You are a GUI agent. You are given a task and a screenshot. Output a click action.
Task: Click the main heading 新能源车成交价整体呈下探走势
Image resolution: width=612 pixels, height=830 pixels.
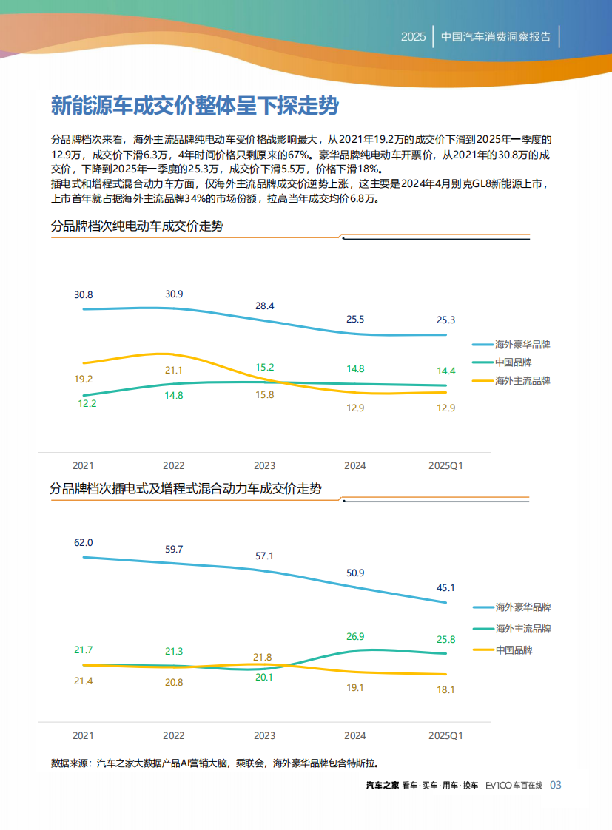point(194,106)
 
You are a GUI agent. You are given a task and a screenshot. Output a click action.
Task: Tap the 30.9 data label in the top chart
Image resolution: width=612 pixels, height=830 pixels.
point(174,294)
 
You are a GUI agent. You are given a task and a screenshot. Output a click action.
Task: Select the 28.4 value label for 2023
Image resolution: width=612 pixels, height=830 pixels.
point(264,306)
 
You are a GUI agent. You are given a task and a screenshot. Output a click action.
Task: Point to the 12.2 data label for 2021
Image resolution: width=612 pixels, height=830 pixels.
point(84,404)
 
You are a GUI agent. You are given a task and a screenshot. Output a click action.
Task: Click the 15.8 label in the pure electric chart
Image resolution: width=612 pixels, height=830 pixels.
point(264,395)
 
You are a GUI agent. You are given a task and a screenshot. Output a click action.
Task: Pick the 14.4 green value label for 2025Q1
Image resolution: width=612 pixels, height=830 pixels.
point(446,371)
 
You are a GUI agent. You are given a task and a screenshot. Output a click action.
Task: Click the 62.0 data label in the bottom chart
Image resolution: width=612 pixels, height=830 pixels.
point(84,542)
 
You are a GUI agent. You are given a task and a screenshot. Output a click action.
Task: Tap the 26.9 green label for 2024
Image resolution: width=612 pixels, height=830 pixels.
point(355,636)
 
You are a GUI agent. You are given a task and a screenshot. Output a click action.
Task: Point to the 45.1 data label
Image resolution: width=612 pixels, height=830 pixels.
point(446,587)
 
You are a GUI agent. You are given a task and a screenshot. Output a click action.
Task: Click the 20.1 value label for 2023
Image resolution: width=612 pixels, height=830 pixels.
point(264,677)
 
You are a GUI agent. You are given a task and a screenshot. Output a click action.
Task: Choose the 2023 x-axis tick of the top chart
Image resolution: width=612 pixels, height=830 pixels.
point(264,465)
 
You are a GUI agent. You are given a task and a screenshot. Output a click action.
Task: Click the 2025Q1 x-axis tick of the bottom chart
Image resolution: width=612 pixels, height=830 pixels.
point(446,736)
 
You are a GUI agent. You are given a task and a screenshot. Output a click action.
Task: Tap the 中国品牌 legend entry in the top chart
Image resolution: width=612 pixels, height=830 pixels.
point(513,362)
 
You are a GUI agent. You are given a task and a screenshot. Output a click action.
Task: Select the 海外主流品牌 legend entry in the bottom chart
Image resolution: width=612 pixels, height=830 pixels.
point(522,628)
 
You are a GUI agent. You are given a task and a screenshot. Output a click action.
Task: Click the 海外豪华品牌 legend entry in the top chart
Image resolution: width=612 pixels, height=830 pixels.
point(522,344)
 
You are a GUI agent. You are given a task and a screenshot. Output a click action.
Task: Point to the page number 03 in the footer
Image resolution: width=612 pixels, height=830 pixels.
point(556,785)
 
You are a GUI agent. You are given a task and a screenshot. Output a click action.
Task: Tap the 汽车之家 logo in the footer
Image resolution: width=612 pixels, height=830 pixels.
point(383,785)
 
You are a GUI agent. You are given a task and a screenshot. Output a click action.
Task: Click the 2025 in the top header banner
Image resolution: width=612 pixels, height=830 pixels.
point(413,36)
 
